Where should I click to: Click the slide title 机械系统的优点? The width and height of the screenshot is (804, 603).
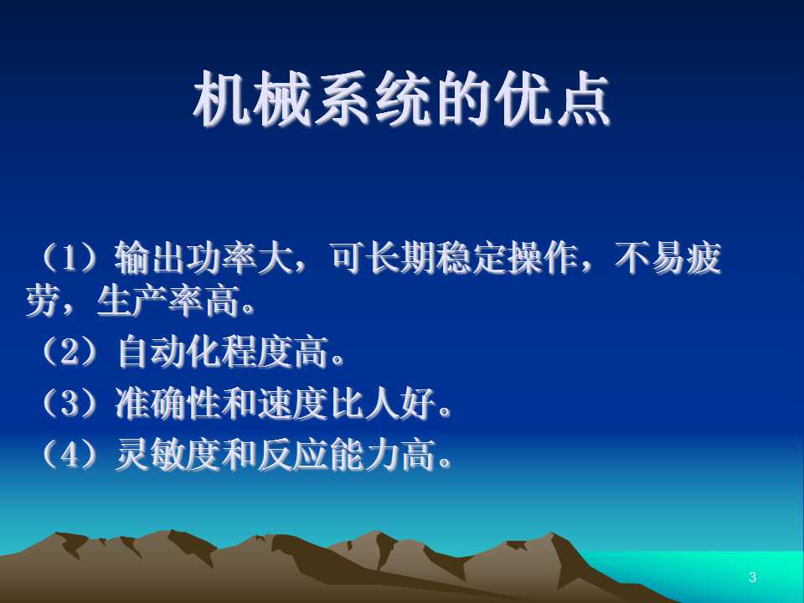point(401,99)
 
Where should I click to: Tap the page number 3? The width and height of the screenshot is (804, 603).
point(752,577)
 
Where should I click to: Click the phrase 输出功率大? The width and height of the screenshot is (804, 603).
point(204,257)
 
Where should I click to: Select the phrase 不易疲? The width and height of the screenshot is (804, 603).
point(668,257)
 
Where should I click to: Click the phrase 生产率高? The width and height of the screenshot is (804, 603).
point(167,301)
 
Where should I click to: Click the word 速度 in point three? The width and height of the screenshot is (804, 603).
point(292,403)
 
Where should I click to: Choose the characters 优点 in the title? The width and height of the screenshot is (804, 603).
point(552,99)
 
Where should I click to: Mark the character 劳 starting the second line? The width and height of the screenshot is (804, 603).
point(43,301)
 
